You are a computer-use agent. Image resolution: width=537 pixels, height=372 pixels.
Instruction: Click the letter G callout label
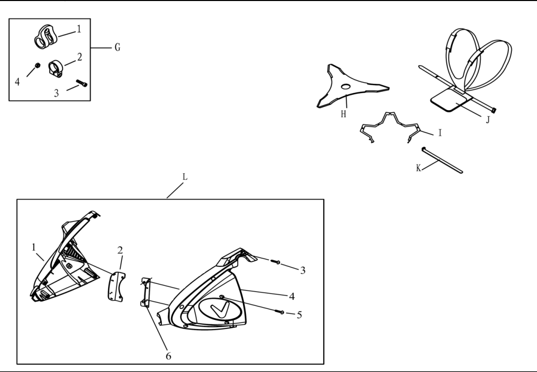point(117,47)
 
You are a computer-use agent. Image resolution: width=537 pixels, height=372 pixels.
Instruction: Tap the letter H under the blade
point(343,114)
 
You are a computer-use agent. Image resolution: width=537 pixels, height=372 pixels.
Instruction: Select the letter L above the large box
point(185,177)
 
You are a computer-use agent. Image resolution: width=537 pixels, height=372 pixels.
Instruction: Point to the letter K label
point(419,168)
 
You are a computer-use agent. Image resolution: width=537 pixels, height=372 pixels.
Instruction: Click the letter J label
point(488,119)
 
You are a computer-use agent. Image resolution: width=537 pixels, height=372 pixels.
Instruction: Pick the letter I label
point(440,133)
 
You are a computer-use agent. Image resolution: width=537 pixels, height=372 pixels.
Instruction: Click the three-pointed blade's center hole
point(346,87)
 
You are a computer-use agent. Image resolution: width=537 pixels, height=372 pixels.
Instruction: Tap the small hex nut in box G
point(38,66)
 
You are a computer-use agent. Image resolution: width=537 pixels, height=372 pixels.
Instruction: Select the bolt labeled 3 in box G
point(82,83)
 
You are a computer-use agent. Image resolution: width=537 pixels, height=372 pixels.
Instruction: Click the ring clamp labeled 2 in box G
point(55,69)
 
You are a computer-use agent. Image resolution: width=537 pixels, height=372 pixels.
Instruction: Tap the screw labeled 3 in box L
point(276,262)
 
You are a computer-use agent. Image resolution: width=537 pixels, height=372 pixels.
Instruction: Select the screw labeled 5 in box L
point(279,312)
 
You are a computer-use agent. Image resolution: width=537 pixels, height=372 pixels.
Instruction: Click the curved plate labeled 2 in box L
point(116,286)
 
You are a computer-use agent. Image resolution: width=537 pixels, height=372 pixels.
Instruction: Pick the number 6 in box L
point(168,356)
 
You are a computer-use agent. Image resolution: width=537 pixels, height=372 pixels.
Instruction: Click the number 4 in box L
point(292,296)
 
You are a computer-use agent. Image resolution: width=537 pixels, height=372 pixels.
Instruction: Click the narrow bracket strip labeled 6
point(146,292)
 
